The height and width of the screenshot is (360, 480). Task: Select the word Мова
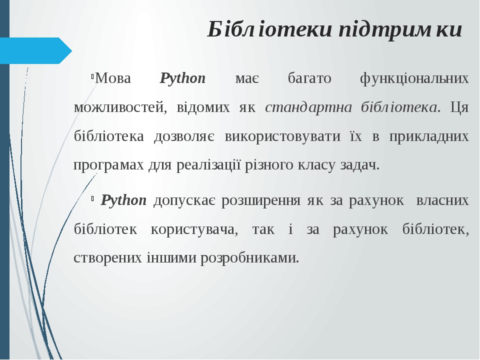[x=113, y=78]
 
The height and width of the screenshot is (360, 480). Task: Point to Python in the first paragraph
[x=182, y=78]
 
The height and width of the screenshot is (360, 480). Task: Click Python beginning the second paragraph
[x=123, y=200]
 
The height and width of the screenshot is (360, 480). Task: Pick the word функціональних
[x=414, y=78]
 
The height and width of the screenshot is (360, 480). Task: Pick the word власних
[x=442, y=200]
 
